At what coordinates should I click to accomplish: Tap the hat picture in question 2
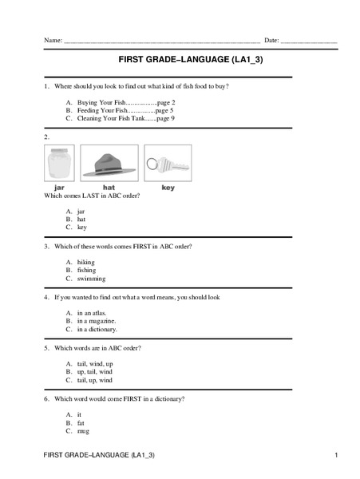(x=109, y=164)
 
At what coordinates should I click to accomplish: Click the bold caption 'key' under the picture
(x=168, y=188)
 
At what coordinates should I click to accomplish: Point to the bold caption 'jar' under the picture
(x=58, y=188)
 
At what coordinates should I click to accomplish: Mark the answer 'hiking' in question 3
(x=85, y=262)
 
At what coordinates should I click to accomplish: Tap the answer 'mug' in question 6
(x=83, y=430)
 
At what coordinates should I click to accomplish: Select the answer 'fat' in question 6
(x=81, y=422)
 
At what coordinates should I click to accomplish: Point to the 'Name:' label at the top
(x=53, y=40)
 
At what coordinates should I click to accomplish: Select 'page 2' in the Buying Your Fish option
(x=165, y=101)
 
